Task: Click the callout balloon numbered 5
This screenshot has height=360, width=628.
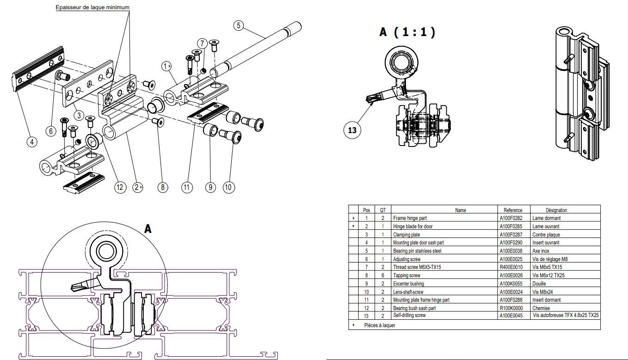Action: (x=238, y=25)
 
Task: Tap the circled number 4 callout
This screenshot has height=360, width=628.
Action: (x=31, y=142)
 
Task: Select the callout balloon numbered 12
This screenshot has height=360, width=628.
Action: (x=120, y=187)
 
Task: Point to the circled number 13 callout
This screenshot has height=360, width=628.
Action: (x=352, y=130)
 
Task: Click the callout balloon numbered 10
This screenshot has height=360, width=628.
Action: (x=228, y=187)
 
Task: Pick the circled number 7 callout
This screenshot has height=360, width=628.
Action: (x=202, y=43)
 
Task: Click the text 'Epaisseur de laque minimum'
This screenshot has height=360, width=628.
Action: (x=92, y=7)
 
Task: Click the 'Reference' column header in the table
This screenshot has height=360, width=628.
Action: (x=513, y=210)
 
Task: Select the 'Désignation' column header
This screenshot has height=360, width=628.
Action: (x=556, y=210)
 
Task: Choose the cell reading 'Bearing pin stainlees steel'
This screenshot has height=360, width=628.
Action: (x=417, y=251)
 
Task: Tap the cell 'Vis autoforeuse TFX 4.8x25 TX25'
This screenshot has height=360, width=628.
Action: (x=566, y=315)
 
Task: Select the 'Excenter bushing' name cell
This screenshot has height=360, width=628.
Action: (x=408, y=284)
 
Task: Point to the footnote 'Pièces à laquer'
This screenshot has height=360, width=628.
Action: (x=380, y=325)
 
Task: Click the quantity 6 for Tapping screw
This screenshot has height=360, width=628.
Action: (x=383, y=275)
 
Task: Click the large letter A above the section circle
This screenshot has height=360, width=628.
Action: (x=148, y=229)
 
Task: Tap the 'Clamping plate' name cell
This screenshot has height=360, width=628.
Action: (x=406, y=235)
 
